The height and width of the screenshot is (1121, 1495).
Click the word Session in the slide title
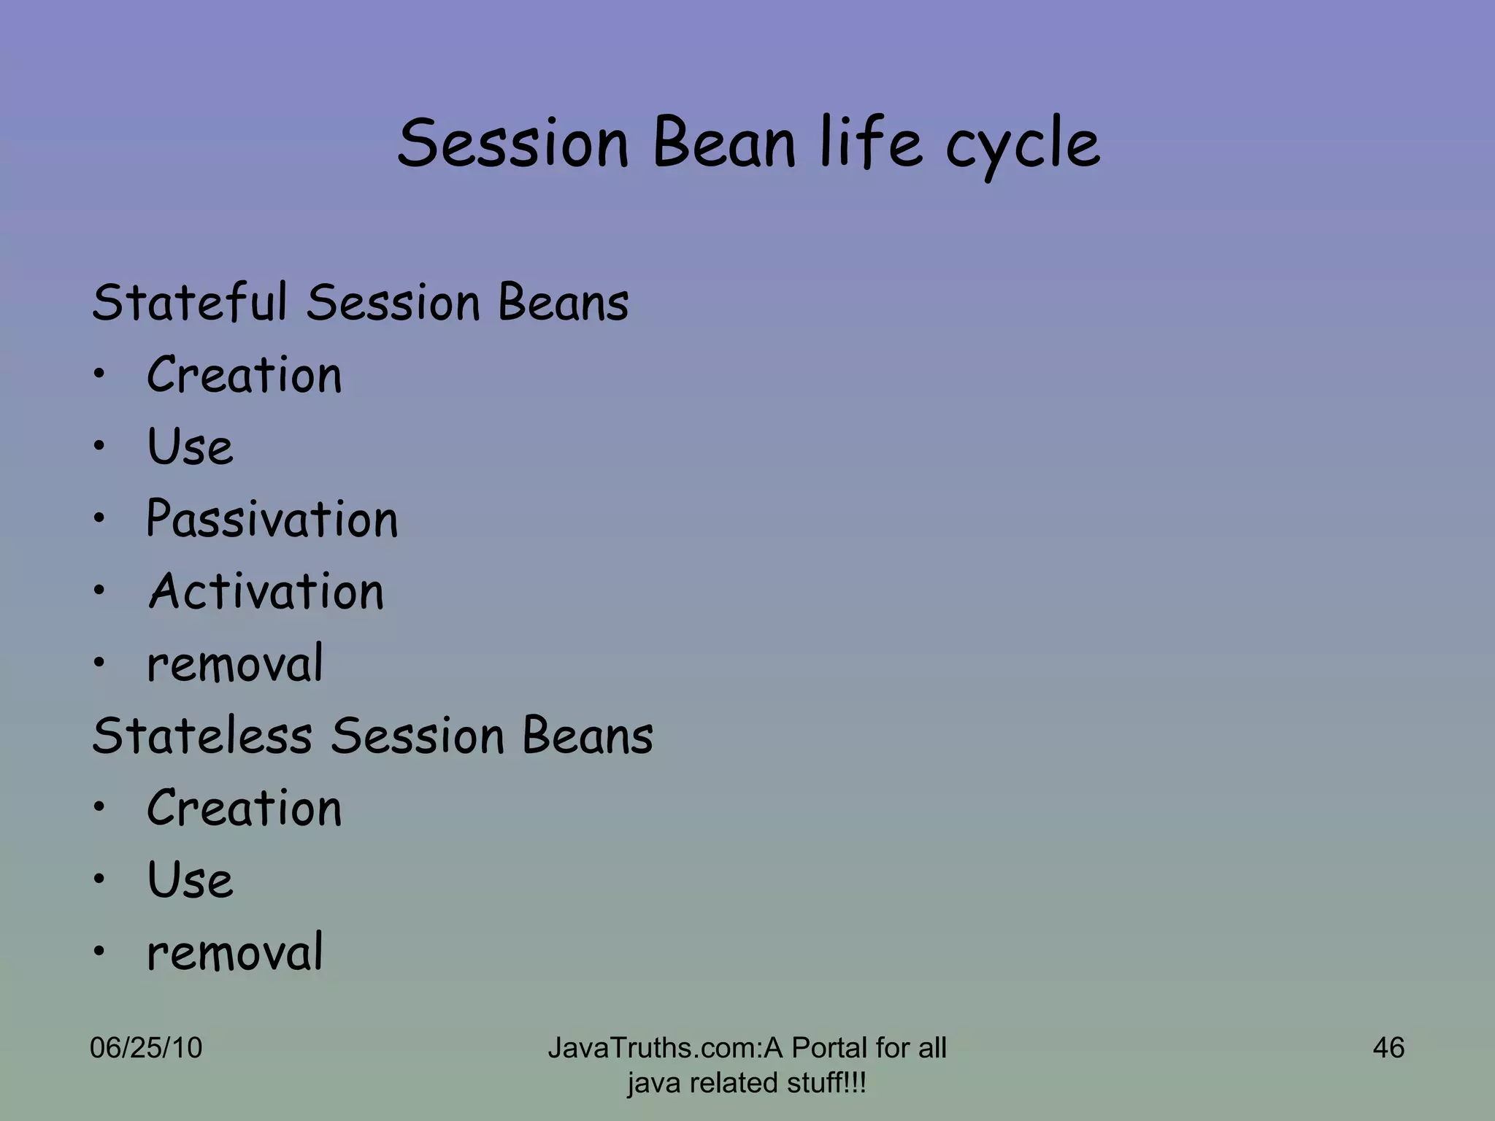click(512, 144)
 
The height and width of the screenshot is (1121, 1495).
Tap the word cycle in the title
click(1022, 146)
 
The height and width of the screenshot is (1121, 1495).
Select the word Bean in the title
click(723, 144)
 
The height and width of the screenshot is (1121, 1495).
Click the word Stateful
click(189, 302)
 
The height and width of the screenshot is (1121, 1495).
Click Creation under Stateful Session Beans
click(244, 375)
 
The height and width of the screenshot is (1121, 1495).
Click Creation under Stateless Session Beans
click(244, 808)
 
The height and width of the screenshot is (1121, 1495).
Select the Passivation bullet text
click(272, 520)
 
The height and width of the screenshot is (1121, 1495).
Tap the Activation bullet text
click(266, 591)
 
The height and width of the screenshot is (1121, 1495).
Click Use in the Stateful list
click(190, 447)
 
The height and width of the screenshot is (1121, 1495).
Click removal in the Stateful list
click(234, 664)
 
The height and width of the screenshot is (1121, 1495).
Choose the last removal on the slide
click(234, 952)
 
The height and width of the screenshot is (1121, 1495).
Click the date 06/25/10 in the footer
click(145, 1048)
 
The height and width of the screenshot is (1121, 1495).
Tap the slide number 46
click(1388, 1048)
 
